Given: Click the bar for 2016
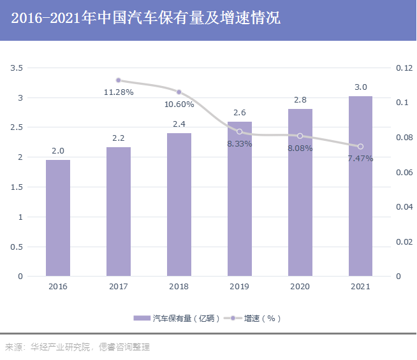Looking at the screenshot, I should tap(58, 218).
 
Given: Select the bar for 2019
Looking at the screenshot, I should tap(240, 199).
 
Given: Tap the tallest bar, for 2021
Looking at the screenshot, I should tap(360, 186).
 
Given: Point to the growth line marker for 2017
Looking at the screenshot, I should tap(119, 80).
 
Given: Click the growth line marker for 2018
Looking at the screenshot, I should tap(179, 92).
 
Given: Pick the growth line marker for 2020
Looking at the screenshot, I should tap(300, 136).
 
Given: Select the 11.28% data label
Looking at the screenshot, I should tap(119, 92).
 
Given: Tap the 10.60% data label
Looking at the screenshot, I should tap(179, 104).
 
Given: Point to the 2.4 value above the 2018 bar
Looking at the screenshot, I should tap(179, 124).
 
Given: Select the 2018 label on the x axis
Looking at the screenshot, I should tap(179, 287).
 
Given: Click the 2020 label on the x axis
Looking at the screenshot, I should tap(300, 287).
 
